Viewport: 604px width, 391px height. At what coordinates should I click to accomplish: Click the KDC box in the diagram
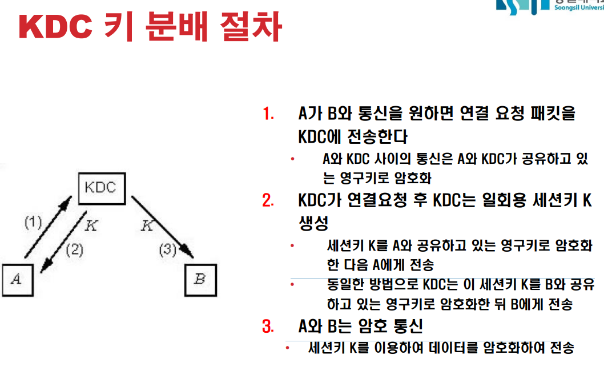click(102, 188)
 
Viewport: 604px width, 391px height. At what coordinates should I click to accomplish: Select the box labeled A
click(18, 280)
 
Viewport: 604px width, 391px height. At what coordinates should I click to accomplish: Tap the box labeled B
click(200, 280)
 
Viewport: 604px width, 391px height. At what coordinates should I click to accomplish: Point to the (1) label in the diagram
click(33, 222)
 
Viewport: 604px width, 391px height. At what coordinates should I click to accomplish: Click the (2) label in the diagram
click(74, 250)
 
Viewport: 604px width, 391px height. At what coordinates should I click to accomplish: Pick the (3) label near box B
click(168, 250)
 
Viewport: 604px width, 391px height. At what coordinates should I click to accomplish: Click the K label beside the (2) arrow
click(91, 225)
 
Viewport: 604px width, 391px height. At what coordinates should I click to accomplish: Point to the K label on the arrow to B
click(147, 225)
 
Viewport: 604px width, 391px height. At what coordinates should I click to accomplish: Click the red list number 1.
click(268, 114)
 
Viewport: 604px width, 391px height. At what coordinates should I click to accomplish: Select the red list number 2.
click(268, 201)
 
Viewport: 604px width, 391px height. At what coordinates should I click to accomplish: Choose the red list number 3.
click(268, 326)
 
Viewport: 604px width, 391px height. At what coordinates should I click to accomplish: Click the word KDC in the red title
click(56, 27)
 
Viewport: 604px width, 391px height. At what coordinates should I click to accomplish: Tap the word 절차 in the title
click(251, 26)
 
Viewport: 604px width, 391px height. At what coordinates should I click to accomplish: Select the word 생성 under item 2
click(313, 223)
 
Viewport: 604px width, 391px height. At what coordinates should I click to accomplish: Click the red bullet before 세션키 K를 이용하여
click(288, 348)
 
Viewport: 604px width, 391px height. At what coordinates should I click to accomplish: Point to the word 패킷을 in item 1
click(553, 114)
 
